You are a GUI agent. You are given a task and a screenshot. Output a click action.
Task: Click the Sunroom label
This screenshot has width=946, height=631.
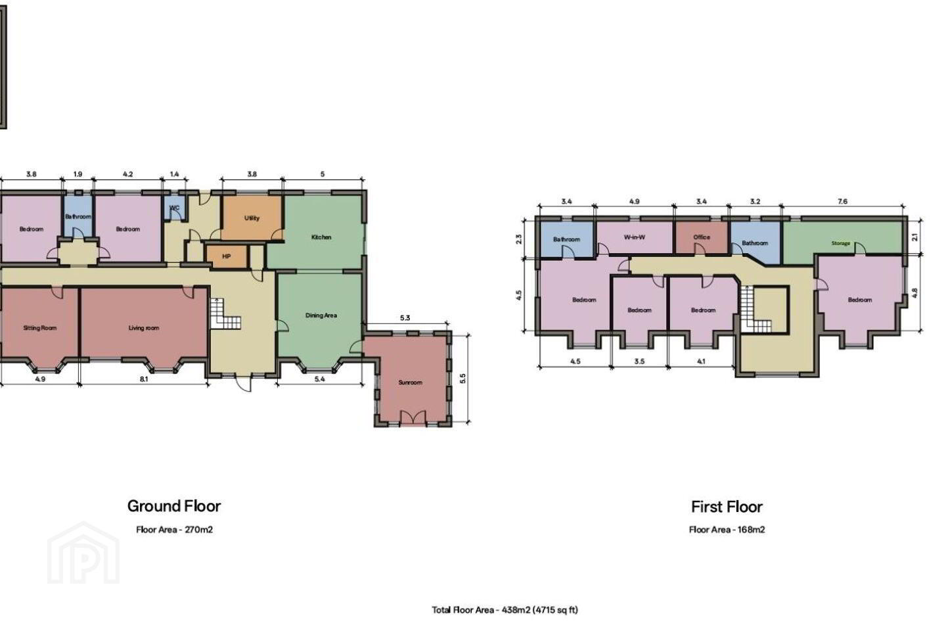pyautogui.click(x=410, y=383)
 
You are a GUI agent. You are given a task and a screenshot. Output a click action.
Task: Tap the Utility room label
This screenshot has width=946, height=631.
pyautogui.click(x=252, y=218)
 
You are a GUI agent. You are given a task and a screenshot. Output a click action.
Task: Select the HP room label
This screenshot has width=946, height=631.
pyautogui.click(x=227, y=256)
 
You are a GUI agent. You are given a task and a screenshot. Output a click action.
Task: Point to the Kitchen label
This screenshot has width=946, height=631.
pyautogui.click(x=321, y=237)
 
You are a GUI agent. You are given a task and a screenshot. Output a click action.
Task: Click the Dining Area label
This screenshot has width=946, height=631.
pyautogui.click(x=321, y=315)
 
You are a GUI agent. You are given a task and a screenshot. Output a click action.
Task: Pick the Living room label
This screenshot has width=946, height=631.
pyautogui.click(x=144, y=328)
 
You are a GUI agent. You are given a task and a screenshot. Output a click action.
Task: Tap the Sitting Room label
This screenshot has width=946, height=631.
pyautogui.click(x=39, y=328)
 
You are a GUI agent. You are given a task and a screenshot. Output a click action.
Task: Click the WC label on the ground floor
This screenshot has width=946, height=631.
pyautogui.click(x=175, y=208)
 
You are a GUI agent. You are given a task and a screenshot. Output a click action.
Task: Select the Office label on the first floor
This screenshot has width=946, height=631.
pyautogui.click(x=702, y=237)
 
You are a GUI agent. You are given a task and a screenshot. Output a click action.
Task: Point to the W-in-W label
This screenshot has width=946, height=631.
pyautogui.click(x=635, y=237)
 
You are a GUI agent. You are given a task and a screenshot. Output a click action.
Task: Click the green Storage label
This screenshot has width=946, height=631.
pyautogui.click(x=841, y=243)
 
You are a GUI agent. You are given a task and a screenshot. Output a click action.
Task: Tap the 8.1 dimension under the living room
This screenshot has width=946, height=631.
pyautogui.click(x=144, y=379)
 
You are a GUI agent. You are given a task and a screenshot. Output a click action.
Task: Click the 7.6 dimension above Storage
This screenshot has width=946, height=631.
pyautogui.click(x=842, y=202)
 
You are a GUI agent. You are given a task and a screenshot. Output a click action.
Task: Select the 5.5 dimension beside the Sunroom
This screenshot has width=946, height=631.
pyautogui.click(x=463, y=378)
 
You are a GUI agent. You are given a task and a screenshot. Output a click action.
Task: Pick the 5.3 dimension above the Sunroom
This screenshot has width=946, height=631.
pyautogui.click(x=405, y=318)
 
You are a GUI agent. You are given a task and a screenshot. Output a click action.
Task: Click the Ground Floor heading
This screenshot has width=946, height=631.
pyautogui.click(x=174, y=506)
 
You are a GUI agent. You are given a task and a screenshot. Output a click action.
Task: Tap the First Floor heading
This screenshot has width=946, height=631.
pyautogui.click(x=727, y=507)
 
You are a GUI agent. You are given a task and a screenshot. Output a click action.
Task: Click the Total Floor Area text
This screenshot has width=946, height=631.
pyautogui.click(x=505, y=610)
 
